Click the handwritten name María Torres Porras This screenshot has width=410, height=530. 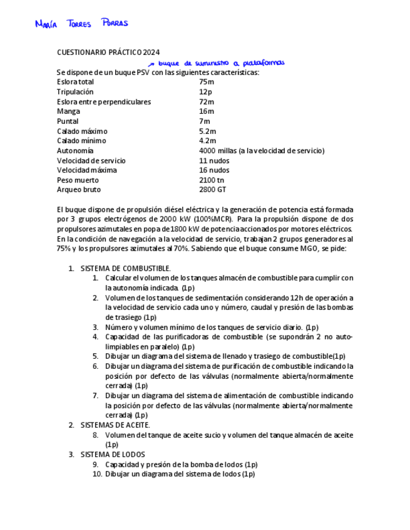81,24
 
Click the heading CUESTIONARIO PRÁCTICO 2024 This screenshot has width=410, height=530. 108,52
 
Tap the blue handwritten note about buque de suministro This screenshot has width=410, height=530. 217,63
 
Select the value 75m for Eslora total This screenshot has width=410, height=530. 207,82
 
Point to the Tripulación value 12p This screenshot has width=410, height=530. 205,92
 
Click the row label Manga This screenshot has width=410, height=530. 68,111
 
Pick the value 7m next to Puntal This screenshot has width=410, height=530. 205,121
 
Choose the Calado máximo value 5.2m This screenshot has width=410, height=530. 208,131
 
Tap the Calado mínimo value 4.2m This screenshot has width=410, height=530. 208,141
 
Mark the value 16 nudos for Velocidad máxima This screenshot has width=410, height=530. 214,170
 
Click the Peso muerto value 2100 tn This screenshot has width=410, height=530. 212,180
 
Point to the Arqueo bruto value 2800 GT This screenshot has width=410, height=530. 213,189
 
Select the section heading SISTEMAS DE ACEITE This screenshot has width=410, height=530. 115,425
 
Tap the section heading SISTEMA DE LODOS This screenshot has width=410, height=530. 113,454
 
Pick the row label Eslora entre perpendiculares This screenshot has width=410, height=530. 104,102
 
